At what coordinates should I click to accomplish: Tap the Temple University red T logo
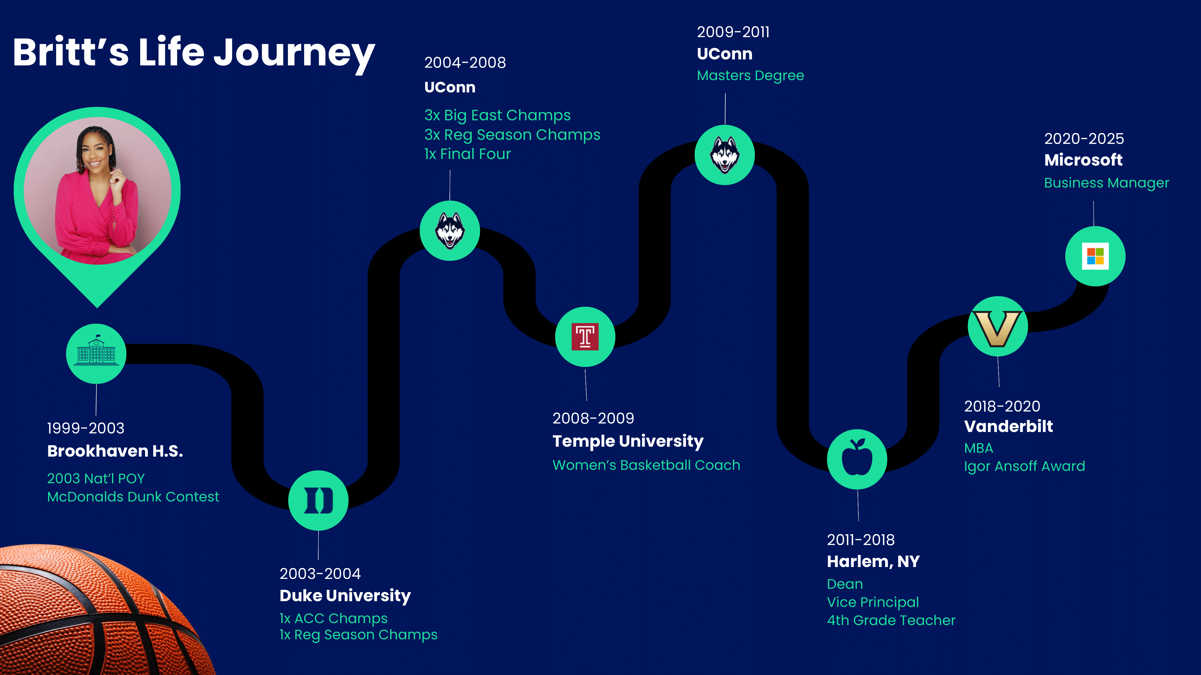585,336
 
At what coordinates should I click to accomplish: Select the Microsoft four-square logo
1095,256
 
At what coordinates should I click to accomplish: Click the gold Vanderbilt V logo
998,328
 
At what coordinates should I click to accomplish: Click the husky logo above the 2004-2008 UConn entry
450,231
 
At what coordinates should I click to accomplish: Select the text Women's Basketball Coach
646,465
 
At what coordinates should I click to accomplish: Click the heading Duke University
345,595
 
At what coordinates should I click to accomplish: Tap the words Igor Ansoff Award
1024,466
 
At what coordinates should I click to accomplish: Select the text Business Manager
1106,183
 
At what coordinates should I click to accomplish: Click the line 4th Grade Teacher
891,620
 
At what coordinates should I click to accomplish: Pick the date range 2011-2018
861,539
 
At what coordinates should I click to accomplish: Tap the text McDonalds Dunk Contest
133,496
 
